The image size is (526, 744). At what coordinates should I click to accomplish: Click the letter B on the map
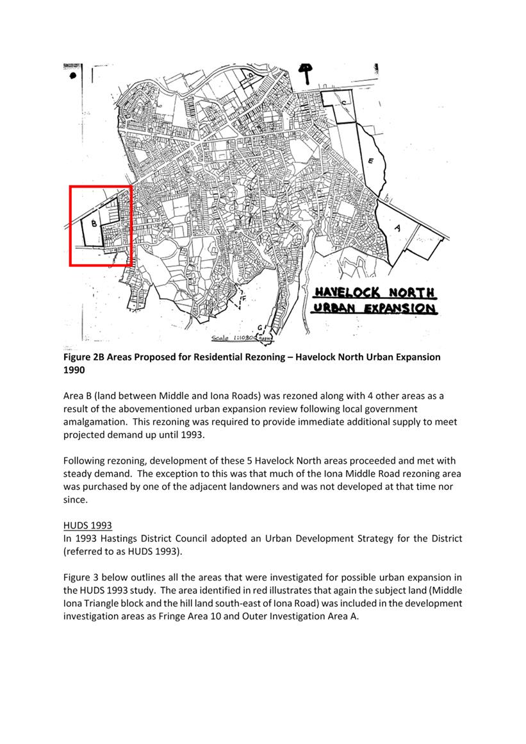coord(94,224)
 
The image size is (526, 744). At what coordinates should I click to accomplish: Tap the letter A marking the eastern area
coord(397,228)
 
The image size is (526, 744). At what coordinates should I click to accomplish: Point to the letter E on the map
coord(370,161)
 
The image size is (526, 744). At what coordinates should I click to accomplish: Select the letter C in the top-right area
coord(343,103)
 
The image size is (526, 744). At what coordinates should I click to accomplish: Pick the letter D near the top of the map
coord(251,75)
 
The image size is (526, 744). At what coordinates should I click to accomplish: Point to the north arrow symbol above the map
coord(307,72)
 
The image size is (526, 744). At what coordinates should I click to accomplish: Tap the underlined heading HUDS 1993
coord(87,525)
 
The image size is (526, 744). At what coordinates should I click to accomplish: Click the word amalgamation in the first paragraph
coord(95,421)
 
